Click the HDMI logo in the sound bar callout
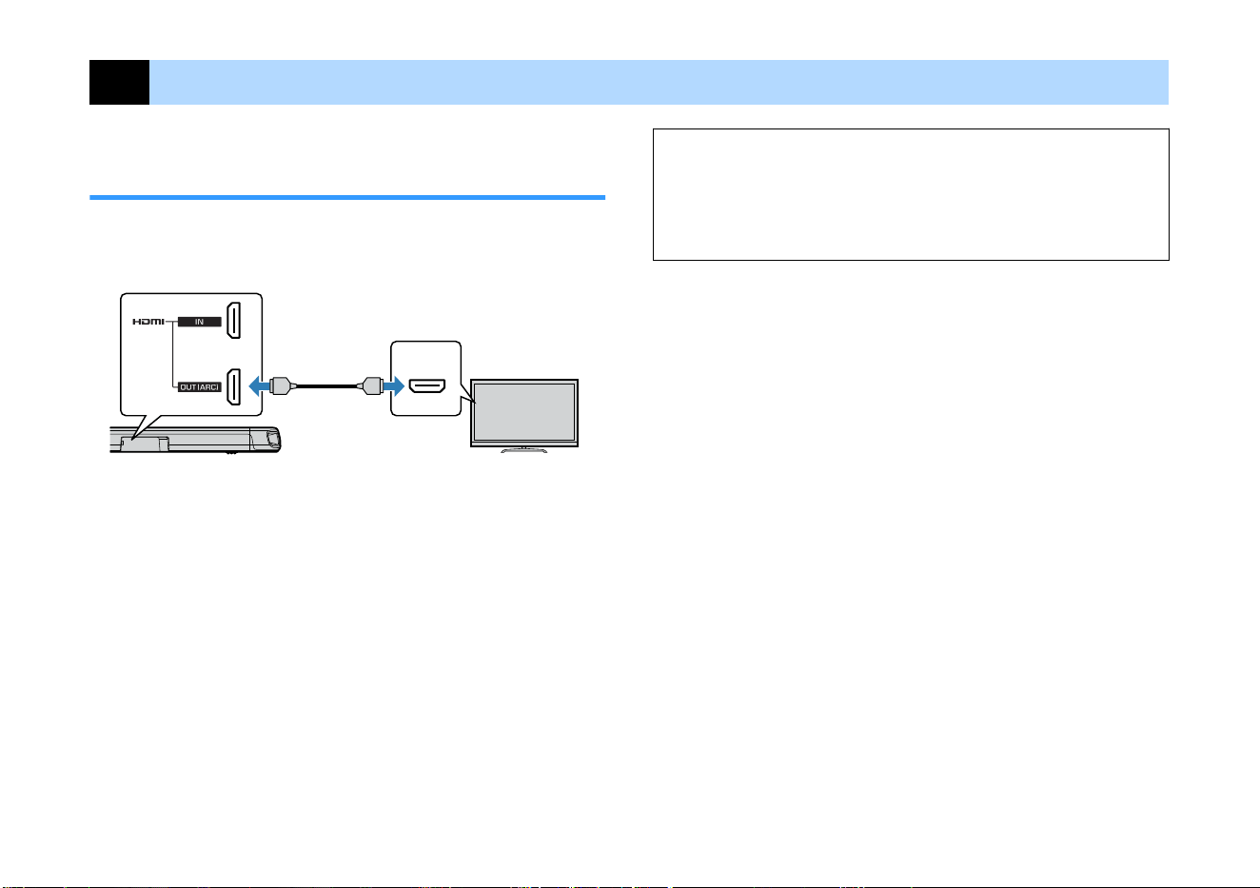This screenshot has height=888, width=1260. click(x=148, y=322)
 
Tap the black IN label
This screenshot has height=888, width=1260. click(x=199, y=322)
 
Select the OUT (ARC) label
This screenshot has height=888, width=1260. click(x=199, y=387)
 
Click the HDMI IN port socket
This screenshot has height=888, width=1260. click(x=233, y=320)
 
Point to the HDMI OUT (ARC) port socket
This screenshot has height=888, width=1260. click(x=233, y=386)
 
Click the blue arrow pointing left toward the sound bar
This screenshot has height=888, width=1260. click(x=259, y=386)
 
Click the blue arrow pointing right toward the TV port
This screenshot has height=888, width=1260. click(x=394, y=386)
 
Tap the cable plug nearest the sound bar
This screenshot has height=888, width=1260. click(x=283, y=386)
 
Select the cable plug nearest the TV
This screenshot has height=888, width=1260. click(x=370, y=386)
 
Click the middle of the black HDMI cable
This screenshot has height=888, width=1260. click(x=326, y=386)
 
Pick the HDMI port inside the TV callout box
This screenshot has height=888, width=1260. click(x=427, y=386)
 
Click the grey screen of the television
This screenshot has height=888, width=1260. click(x=524, y=412)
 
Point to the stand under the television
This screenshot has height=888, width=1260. click(x=523, y=449)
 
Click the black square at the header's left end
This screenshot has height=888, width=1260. click(x=119, y=82)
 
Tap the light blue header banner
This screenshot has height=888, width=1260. click(x=659, y=82)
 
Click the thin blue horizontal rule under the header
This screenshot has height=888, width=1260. click(x=347, y=198)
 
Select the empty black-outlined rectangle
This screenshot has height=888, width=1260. click(x=911, y=129)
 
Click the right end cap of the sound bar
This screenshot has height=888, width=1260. click(x=273, y=439)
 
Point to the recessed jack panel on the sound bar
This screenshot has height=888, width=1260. click(x=145, y=444)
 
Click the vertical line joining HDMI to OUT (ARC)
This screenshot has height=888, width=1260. click(x=172, y=354)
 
